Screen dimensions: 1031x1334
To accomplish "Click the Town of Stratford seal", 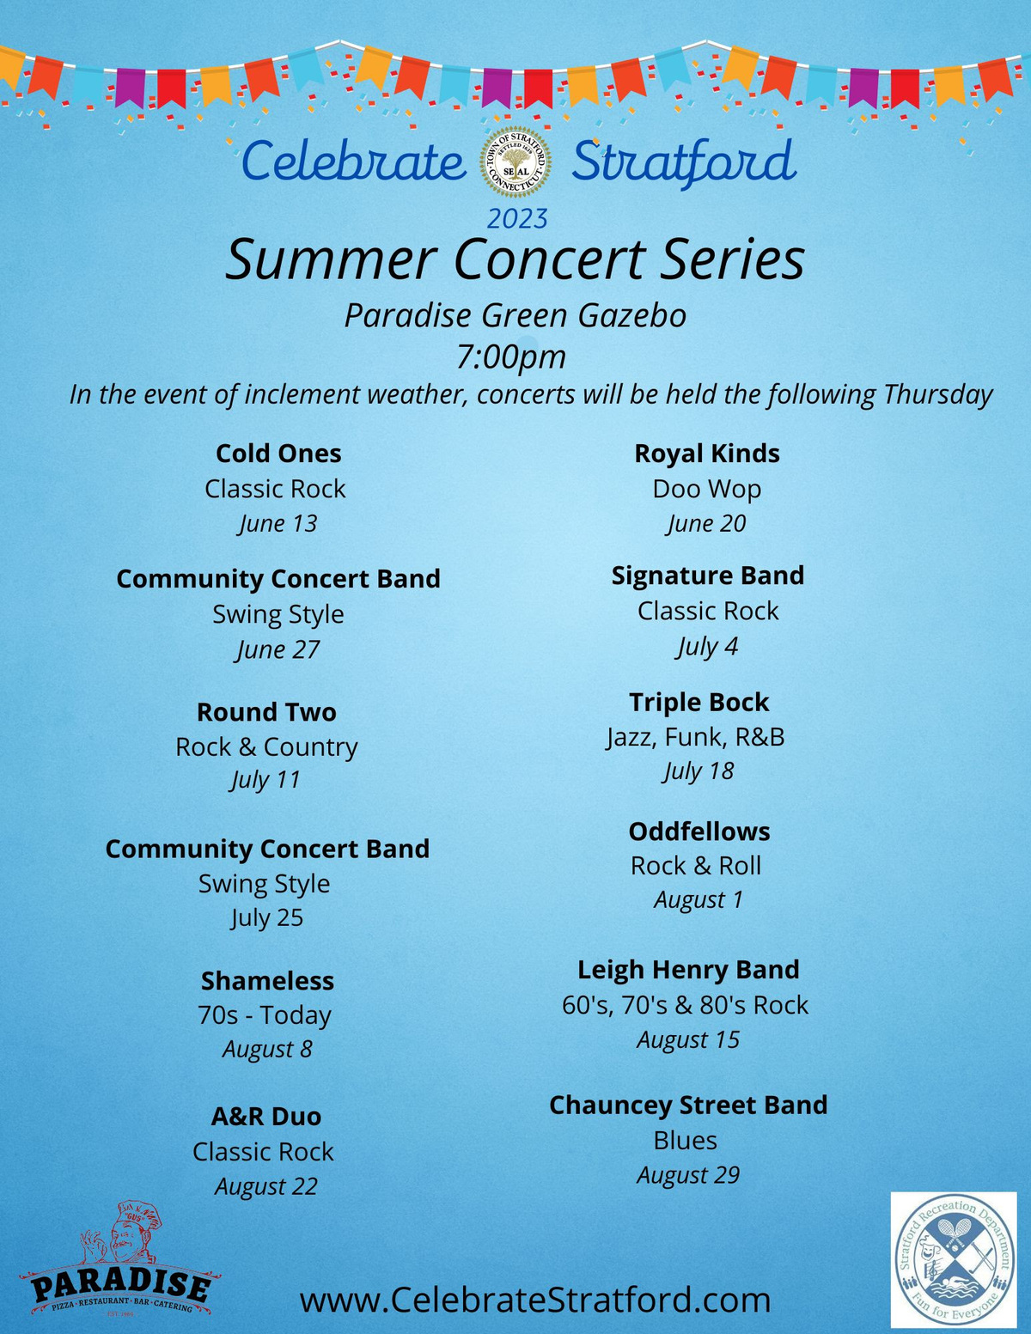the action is pos(515,162).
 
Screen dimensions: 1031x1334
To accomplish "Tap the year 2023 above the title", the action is pos(517,219).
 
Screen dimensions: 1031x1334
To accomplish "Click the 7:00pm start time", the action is pos(511,357).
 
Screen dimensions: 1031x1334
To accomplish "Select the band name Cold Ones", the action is pos(278,454).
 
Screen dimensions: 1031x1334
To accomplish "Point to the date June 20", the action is pos(706,524).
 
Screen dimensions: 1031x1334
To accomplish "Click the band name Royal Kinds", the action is pos(707,454).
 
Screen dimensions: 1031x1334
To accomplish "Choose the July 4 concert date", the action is pos(707,647).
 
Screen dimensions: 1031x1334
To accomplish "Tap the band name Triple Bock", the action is pos(699,703).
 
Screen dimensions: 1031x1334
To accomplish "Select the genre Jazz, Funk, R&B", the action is pos(695,737).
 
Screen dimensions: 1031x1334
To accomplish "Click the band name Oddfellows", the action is pos(699,831).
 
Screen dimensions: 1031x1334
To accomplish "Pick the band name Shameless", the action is pos(267,981).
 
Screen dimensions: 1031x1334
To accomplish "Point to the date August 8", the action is pos(267,1049).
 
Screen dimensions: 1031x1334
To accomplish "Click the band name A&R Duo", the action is pos(265,1116).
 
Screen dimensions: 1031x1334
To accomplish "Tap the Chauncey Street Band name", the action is pos(688,1105).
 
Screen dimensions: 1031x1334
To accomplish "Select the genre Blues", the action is pos(686,1140).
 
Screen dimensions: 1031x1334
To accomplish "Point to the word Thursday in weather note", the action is pos(937,395).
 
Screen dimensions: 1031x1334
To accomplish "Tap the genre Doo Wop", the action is pos(707,490).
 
